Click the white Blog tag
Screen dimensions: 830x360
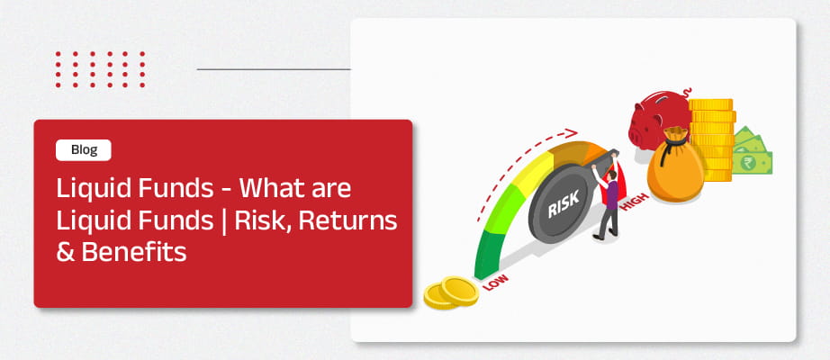[x=83, y=149]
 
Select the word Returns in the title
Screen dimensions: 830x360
[x=347, y=220]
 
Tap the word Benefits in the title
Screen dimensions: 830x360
[x=133, y=252]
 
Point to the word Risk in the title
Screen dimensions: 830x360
[x=263, y=221]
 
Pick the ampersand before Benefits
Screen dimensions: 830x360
[x=66, y=253]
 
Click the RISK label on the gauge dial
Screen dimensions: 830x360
[x=564, y=203]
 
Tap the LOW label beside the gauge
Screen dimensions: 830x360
[x=495, y=283]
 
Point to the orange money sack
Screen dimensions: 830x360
[x=674, y=166]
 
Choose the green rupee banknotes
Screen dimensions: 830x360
[x=751, y=151]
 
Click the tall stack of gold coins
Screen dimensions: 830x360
[x=711, y=139]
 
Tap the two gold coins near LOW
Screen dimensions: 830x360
[x=451, y=292]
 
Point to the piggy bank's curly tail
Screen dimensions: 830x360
[x=687, y=94]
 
